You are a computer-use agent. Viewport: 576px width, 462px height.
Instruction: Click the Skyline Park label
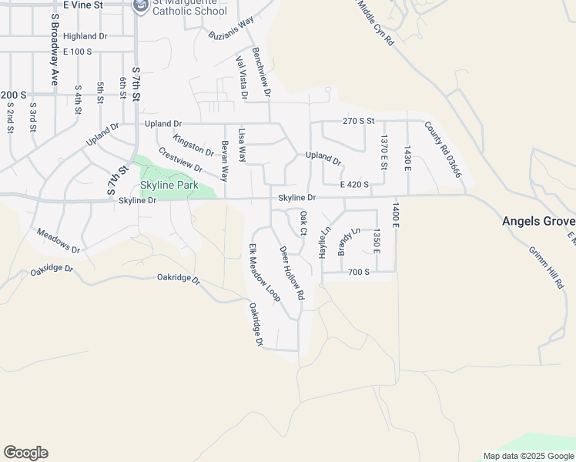[169, 186]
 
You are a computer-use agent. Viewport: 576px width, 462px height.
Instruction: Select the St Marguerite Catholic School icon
[141, 7]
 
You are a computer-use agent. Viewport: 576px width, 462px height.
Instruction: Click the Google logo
[25, 453]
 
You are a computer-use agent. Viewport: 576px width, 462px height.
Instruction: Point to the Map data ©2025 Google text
[529, 456]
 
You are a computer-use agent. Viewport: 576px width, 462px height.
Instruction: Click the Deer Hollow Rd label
[293, 273]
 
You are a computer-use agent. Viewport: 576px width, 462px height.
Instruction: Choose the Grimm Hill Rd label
[546, 267]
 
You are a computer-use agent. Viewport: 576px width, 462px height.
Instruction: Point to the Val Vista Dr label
[241, 78]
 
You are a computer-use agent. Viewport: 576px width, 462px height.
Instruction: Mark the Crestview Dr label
[179, 160]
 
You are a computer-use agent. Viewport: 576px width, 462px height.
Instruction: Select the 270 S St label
[358, 121]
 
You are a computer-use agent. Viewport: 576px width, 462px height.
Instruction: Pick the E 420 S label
[355, 184]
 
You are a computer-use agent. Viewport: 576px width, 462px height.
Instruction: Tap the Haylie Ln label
[324, 242]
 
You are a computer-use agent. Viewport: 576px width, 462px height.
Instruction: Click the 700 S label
[359, 272]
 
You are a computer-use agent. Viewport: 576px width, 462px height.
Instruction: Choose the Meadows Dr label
[59, 240]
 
